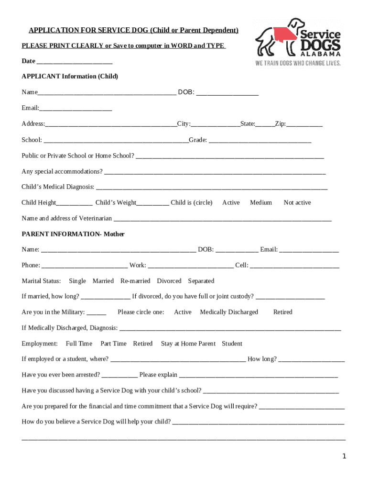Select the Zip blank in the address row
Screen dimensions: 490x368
coord(304,124)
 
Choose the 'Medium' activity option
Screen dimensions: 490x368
coord(260,203)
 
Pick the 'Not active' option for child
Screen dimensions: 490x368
coord(297,203)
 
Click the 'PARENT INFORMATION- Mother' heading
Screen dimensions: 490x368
coord(73,234)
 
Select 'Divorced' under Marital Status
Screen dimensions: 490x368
coord(169,281)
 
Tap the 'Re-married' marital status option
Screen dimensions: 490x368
coord(135,281)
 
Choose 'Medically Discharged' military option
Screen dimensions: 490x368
coord(229,312)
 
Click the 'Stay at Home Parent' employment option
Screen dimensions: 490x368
coord(188,344)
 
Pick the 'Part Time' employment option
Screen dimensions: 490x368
coord(113,344)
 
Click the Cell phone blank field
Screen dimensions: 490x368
coord(294,265)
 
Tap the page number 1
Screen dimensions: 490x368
coord(344,457)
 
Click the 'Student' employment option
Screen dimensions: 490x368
coord(232,344)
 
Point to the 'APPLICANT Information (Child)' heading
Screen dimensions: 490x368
coord(70,77)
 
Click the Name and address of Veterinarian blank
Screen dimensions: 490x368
coord(222,219)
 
